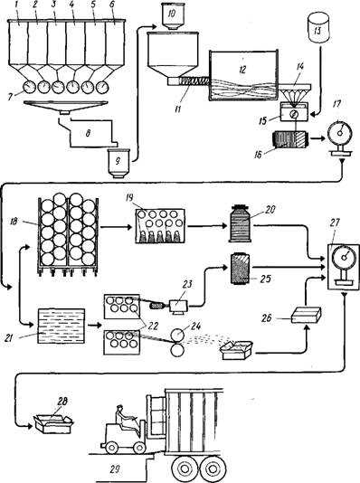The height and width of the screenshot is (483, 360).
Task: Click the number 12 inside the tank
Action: click(x=243, y=70)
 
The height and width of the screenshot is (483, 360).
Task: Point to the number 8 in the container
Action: click(x=89, y=134)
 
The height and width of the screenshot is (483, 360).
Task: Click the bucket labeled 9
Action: click(x=118, y=163)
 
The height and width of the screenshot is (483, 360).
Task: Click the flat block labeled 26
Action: click(x=306, y=315)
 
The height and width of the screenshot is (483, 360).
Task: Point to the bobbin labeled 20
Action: click(x=240, y=223)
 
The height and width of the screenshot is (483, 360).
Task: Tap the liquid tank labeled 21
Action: click(x=61, y=327)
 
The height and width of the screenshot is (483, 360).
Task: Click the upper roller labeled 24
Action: click(x=177, y=336)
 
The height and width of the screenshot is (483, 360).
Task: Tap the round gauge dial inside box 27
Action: click(x=343, y=257)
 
